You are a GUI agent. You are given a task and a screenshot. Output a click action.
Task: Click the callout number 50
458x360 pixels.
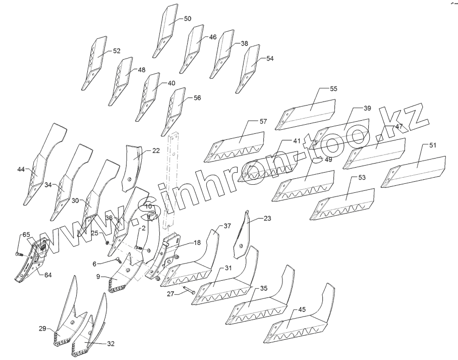(x=187, y=19)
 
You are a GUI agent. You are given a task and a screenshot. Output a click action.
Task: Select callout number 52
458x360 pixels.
(x=117, y=51)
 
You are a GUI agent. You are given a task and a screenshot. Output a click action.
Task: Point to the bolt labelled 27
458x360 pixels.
(x=189, y=291)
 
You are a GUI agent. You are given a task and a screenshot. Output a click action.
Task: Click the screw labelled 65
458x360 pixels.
(x=18, y=253)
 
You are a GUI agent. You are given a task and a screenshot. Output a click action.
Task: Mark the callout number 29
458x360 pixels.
(x=42, y=329)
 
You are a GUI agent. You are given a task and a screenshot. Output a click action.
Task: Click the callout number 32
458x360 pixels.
(x=110, y=344)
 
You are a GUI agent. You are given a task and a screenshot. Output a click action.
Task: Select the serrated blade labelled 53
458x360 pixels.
(x=344, y=204)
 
